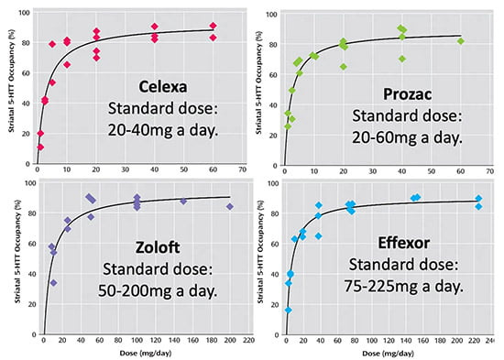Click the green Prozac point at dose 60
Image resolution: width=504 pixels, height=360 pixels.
(x=461, y=41)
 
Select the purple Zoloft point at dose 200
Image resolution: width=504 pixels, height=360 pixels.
(x=230, y=207)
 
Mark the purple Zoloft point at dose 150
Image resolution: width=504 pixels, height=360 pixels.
(x=183, y=202)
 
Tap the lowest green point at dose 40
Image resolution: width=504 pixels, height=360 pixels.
(x=402, y=59)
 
